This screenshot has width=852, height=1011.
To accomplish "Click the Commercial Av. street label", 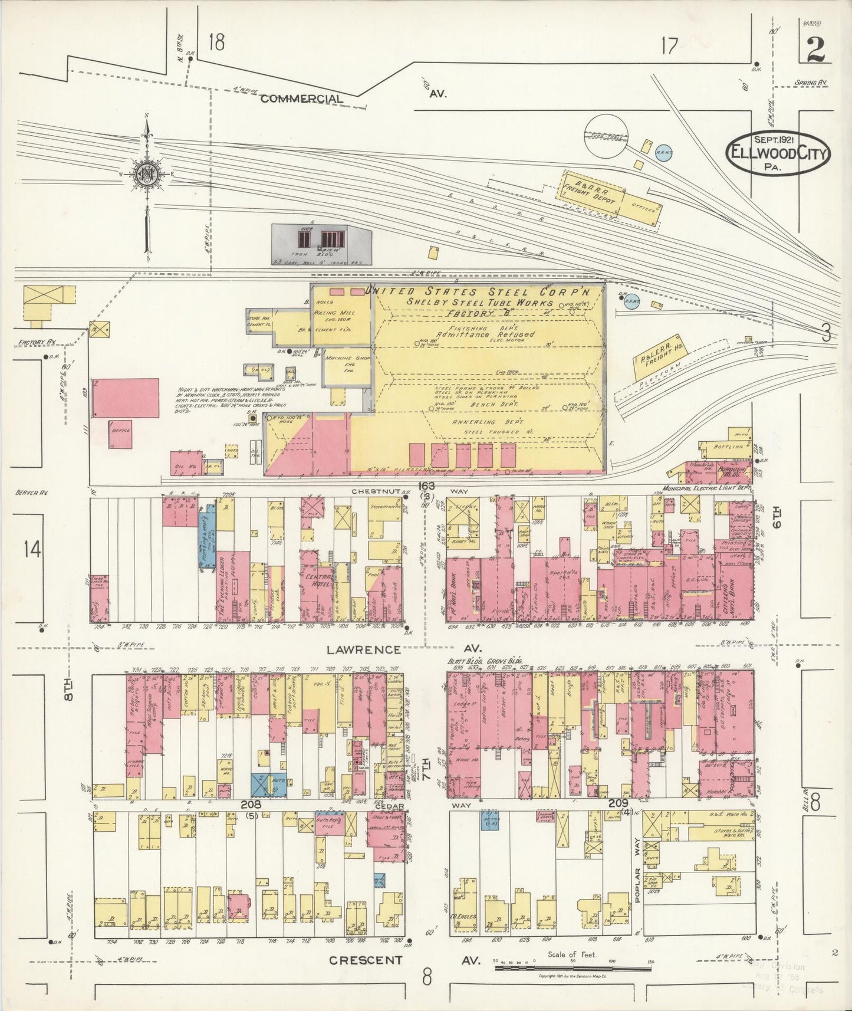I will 301,99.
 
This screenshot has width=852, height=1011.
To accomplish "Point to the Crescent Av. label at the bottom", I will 366,960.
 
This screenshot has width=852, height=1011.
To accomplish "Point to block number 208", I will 251,803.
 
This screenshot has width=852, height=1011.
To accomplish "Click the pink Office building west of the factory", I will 120,435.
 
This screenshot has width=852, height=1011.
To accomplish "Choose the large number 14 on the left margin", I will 32,549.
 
